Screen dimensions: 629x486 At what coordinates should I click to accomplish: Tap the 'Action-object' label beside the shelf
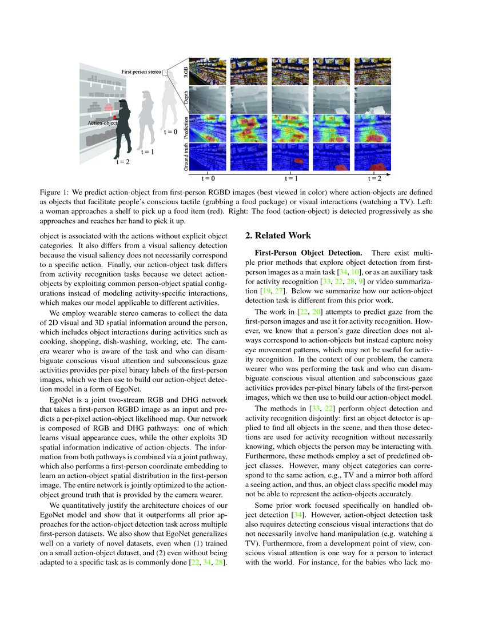click(102, 122)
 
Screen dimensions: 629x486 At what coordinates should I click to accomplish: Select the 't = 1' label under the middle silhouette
click(148, 152)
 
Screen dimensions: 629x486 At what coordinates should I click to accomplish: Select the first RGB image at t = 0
click(206, 70)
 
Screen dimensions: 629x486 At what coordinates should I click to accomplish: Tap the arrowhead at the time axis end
click(390, 172)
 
